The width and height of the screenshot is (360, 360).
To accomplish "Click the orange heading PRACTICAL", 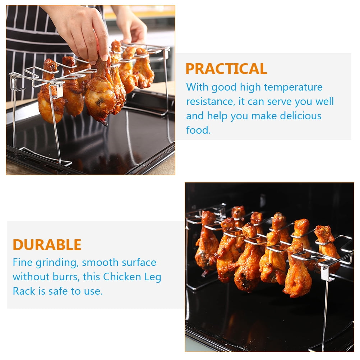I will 226,69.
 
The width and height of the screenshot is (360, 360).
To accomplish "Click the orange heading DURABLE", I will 47,245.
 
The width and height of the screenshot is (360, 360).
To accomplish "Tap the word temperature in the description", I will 293,87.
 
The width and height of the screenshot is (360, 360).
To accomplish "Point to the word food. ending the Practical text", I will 198,130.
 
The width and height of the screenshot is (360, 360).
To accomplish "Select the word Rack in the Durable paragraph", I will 23,291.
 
